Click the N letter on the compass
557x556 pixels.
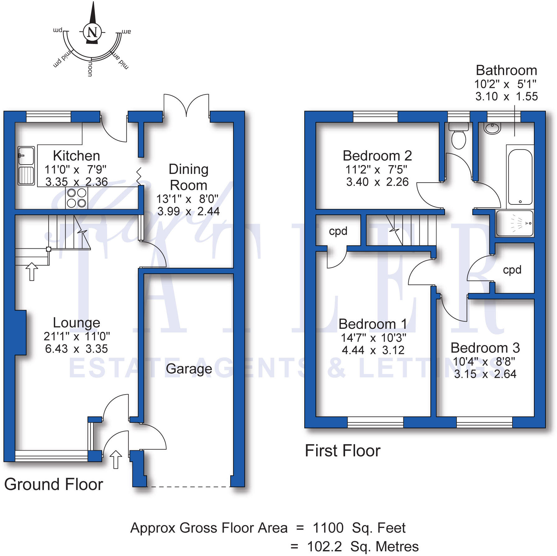tap(92, 32)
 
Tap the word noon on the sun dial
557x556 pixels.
tap(90, 69)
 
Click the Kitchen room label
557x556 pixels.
tap(76, 156)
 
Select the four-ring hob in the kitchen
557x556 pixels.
tap(77, 198)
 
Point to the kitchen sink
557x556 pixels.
tap(26, 165)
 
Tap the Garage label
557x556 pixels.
tap(189, 369)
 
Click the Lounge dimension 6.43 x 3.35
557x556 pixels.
tap(76, 349)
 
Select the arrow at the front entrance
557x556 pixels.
tap(116, 459)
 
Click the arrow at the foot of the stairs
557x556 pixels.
tap(31, 271)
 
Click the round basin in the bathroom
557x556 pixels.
tap(492, 128)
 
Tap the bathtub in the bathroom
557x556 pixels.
tap(520, 176)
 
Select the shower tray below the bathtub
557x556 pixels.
tap(514, 223)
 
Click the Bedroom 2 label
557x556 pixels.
tap(377, 156)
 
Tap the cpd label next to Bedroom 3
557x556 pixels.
tap(512, 270)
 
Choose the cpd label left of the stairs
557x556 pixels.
tap(338, 231)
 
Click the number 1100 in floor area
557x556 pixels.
tap(328, 528)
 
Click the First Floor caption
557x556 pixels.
tap(342, 451)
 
